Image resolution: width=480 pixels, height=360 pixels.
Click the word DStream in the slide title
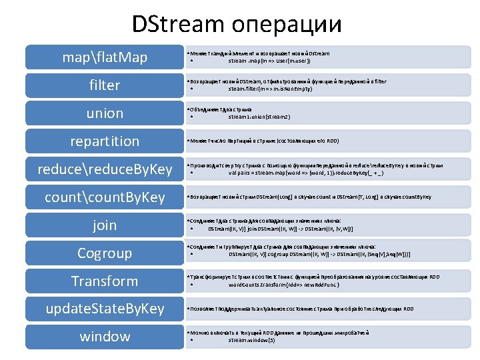click(x=178, y=25)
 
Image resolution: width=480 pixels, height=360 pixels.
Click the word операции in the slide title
click(x=287, y=26)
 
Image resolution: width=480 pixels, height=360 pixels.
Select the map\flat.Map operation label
click(x=105, y=57)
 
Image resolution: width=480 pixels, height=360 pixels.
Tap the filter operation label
click(x=105, y=85)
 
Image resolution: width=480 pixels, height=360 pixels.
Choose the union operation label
click(x=105, y=113)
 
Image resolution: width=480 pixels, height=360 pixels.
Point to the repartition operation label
click(x=105, y=141)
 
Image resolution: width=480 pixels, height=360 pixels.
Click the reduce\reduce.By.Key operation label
click(x=105, y=169)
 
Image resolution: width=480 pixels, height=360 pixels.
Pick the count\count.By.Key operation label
click(x=105, y=197)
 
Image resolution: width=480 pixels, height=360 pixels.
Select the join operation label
click(x=105, y=225)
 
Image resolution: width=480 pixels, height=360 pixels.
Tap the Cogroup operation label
click(x=105, y=253)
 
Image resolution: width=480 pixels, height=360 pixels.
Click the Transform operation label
click(x=105, y=281)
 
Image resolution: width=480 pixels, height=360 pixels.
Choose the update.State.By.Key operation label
click(x=105, y=309)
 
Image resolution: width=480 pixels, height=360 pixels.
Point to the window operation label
click(x=105, y=337)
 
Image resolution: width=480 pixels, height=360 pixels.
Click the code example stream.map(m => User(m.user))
click(x=269, y=61)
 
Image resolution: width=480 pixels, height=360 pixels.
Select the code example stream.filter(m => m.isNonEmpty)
click(x=270, y=89)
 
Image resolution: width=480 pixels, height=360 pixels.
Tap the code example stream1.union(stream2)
click(x=259, y=117)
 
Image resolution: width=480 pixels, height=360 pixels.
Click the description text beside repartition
click(x=274, y=141)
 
